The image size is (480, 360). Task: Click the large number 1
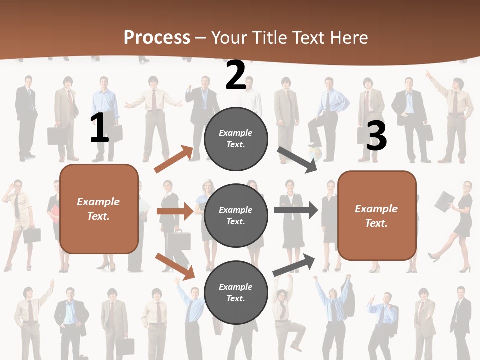click(99, 128)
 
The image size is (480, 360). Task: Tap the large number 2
click(236, 76)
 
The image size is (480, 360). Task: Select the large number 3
click(376, 136)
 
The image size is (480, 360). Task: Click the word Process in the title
click(157, 38)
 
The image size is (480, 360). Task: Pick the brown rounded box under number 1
click(99, 209)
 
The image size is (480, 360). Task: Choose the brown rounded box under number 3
click(377, 215)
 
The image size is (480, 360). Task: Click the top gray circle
click(236, 139)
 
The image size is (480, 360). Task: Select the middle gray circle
click(236, 215)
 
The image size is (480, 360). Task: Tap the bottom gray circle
click(236, 292)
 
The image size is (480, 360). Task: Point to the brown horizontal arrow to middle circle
click(175, 211)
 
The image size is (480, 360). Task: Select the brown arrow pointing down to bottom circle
click(175, 266)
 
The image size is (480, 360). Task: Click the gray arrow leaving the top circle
click(298, 160)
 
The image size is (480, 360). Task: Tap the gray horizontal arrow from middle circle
click(295, 210)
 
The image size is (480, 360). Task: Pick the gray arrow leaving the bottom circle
click(294, 265)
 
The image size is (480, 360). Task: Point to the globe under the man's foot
click(315, 151)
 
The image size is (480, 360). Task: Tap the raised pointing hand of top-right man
click(428, 73)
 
